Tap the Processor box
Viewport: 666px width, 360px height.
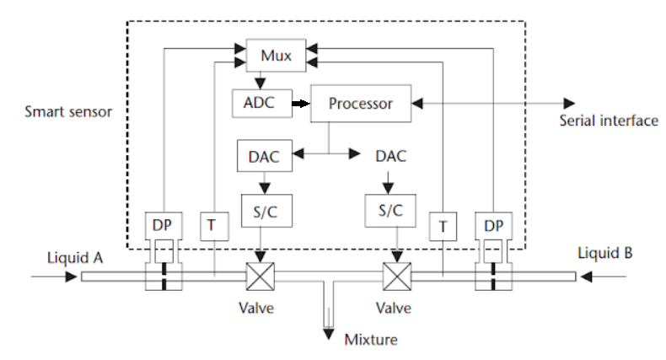coord(361,104)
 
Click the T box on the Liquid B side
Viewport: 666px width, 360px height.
coord(441,226)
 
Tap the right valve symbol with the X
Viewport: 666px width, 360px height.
coord(395,276)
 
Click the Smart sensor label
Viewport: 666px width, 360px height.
coord(67,110)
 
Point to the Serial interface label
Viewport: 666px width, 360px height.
coord(608,121)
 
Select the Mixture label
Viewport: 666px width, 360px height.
coord(372,341)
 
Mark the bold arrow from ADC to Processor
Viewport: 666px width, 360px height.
coord(300,104)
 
